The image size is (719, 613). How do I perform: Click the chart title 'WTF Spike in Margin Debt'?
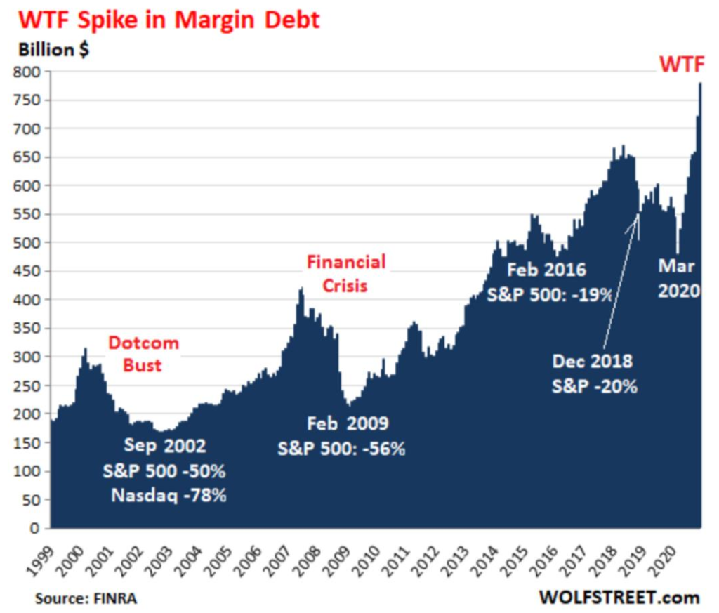[169, 20]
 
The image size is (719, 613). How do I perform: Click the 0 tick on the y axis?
[39, 527]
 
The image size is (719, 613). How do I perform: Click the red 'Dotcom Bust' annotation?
[143, 354]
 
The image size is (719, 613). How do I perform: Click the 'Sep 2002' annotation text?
[165, 445]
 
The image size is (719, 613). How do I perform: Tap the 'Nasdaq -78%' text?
[169, 496]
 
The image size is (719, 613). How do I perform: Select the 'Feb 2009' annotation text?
[348, 423]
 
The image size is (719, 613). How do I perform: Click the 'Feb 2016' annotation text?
[546, 269]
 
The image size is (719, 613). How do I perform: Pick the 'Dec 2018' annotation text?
[592, 361]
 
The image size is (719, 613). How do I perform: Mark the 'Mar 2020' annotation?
[678, 277]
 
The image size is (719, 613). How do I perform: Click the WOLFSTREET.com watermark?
[619, 598]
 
